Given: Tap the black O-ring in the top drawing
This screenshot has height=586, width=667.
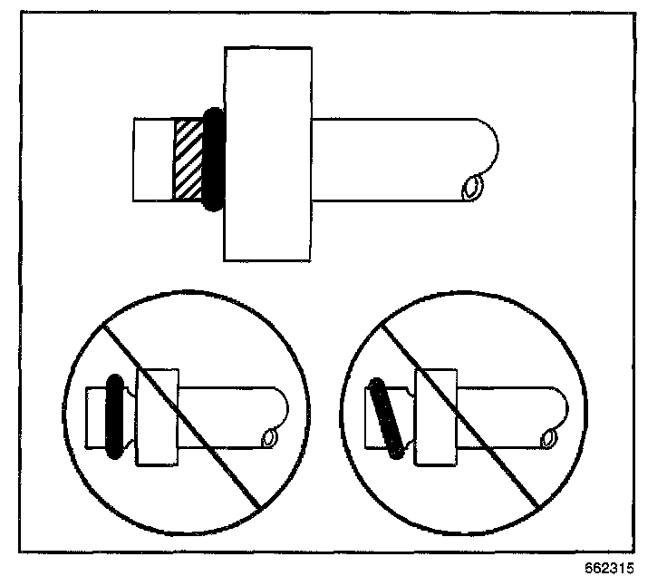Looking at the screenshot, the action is coord(213,160).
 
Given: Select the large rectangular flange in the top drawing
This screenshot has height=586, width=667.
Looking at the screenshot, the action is coord(268,154).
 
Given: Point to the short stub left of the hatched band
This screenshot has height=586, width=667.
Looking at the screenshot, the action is coord(153,160).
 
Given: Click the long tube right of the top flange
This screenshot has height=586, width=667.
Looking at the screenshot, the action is coord(399,160).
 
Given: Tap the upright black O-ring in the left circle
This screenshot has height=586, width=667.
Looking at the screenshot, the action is coord(113,415).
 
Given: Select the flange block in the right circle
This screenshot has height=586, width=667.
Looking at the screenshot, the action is coord(436,417).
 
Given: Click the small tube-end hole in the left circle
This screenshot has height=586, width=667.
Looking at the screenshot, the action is coord(269,438).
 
